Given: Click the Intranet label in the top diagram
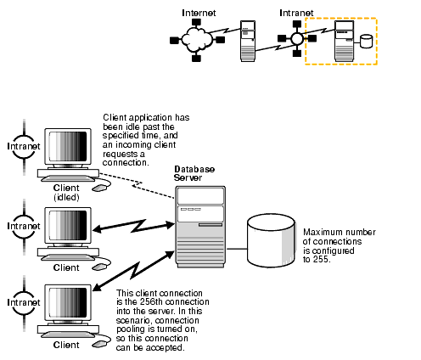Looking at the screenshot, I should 295,14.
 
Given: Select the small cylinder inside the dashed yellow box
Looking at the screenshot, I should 367,42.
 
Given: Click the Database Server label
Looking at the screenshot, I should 194,173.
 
